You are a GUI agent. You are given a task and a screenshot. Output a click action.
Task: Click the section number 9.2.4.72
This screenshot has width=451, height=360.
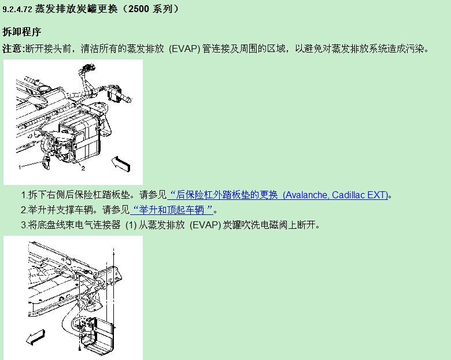pyautogui.click(x=17, y=9)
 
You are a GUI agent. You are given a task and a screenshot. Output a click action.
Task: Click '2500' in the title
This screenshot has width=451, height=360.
pyautogui.click(x=139, y=9)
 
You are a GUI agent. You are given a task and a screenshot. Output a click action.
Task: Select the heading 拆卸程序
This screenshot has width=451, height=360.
pyautogui.click(x=22, y=32)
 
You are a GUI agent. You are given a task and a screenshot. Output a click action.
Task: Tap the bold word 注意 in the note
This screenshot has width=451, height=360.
pyautogui.click(x=12, y=49)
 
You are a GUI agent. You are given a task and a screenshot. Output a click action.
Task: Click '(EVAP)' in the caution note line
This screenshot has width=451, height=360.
pyautogui.click(x=184, y=49)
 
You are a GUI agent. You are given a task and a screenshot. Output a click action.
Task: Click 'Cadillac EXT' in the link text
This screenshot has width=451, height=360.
pyautogui.click(x=360, y=195)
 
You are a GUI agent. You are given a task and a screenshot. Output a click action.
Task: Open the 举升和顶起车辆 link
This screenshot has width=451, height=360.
pyautogui.click(x=172, y=210)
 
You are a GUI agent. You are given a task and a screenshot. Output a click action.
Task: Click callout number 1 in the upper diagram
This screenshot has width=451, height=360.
pyautogui.click(x=20, y=167)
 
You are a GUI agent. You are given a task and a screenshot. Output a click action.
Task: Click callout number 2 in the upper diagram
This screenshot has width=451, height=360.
pyautogui.click(x=83, y=168)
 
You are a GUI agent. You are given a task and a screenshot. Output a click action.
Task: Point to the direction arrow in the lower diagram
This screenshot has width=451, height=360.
pyautogui.click(x=36, y=337)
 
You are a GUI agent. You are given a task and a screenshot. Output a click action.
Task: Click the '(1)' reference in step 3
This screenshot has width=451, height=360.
pyautogui.click(x=131, y=225)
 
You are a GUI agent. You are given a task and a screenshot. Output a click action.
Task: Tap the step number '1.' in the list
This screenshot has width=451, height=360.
pyautogui.click(x=24, y=195)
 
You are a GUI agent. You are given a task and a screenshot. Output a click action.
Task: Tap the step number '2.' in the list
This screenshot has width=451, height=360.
pyautogui.click(x=24, y=210)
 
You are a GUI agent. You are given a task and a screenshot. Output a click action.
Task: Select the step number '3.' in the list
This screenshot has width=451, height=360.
pyautogui.click(x=24, y=225)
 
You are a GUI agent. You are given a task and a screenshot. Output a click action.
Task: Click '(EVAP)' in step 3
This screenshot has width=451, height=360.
pyautogui.click(x=205, y=225)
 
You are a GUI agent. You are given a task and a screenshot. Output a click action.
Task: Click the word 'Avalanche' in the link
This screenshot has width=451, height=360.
pyautogui.click(x=306, y=195)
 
